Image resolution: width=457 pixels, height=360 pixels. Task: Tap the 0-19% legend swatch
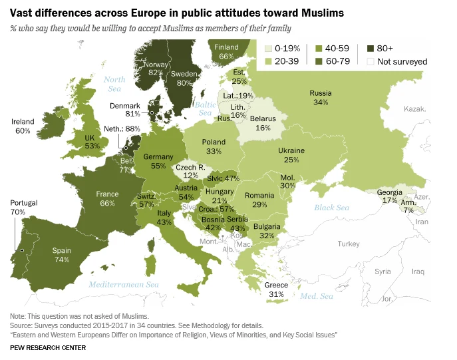[269, 49]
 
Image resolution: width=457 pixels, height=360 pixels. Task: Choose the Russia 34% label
[321, 98]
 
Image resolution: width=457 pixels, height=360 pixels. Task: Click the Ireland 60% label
[23, 126]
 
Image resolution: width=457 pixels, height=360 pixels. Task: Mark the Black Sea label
[332, 208]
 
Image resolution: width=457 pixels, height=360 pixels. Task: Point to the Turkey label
[347, 244]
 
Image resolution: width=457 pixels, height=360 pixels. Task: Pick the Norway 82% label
[158, 67]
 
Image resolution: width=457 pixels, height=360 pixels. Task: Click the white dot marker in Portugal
[22, 250]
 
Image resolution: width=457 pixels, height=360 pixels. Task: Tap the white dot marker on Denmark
[151, 113]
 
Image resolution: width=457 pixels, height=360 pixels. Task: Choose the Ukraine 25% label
[291, 155]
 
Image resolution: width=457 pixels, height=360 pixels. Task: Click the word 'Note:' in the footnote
[19, 315]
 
